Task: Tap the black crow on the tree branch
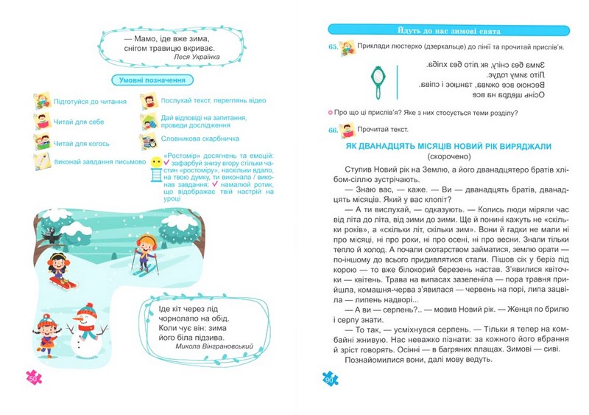(52, 235)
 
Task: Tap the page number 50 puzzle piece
(34, 378)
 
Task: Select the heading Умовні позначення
(152, 80)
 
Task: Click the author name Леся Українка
(200, 55)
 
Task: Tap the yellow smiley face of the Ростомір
(155, 161)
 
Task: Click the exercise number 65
(334, 46)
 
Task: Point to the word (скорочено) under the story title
(447, 157)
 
